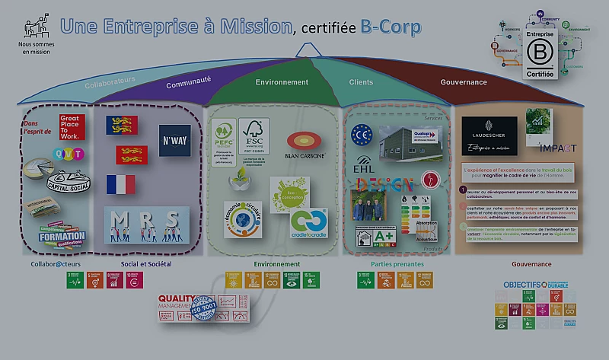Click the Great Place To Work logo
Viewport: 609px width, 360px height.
click(69, 126)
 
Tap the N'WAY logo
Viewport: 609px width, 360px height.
click(174, 141)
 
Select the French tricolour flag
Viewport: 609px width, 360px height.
click(120, 184)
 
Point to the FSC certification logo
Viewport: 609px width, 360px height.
click(253, 135)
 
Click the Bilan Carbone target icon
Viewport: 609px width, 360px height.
click(304, 142)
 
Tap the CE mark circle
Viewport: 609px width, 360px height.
click(360, 135)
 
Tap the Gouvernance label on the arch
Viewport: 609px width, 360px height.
click(464, 82)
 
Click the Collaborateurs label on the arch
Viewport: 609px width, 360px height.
click(110, 80)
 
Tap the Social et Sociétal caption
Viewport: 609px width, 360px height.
click(145, 264)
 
